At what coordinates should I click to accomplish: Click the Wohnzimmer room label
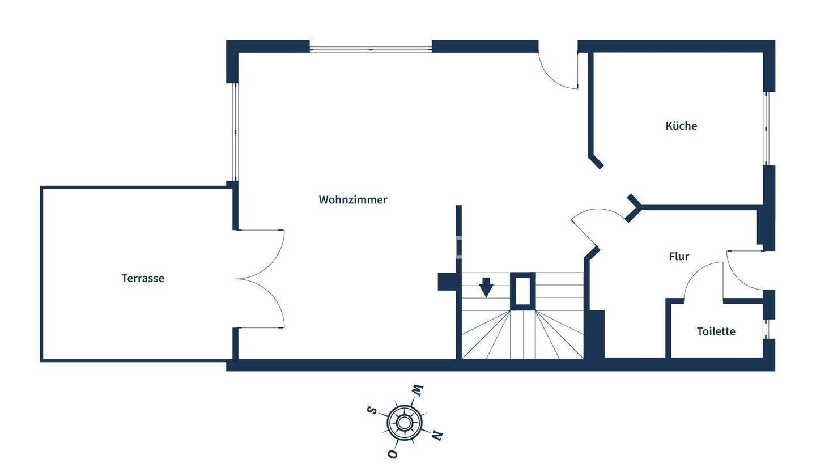click(x=352, y=200)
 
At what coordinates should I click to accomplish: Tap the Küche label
click(x=681, y=126)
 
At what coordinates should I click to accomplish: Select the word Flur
click(x=679, y=257)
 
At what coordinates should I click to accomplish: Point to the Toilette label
click(x=716, y=331)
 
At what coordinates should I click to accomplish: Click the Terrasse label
click(x=143, y=278)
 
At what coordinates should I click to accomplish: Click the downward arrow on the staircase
click(x=486, y=287)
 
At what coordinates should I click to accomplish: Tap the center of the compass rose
click(x=404, y=423)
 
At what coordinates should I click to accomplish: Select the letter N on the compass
click(x=436, y=435)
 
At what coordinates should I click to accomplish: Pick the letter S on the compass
click(x=372, y=410)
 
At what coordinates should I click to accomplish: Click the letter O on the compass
click(x=392, y=454)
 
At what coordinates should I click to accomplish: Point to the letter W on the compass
click(x=418, y=390)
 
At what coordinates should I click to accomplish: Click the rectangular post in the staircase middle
click(x=522, y=291)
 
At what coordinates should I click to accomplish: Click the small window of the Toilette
click(x=766, y=329)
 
